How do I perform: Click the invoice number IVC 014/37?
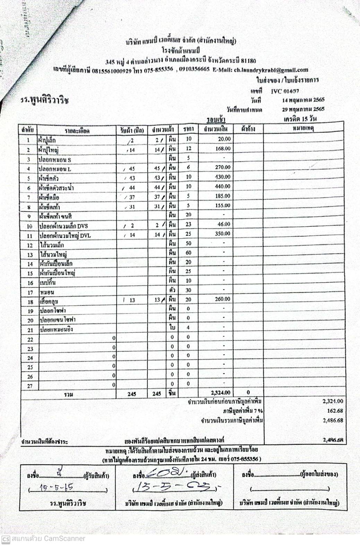[x=285, y=92]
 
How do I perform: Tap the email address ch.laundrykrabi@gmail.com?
[x=271, y=70]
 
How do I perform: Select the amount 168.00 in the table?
[x=223, y=149]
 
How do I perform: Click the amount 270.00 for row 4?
[x=223, y=167]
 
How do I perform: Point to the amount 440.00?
[x=223, y=186]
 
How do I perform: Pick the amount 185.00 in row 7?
[x=223, y=196]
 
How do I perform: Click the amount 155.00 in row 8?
[x=223, y=205]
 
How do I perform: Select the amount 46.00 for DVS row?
[x=224, y=224]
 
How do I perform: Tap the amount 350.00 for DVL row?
[x=223, y=234]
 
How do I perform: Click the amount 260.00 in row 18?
[x=222, y=299]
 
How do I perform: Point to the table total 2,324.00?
[x=221, y=393]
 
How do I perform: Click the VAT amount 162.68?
[x=335, y=411]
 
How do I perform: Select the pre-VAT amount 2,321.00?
[x=333, y=401]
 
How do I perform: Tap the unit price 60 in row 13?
[x=188, y=253]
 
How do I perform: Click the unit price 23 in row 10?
[x=188, y=224]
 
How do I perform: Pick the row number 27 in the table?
[x=30, y=386]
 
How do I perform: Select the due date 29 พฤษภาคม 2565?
[x=303, y=109]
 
